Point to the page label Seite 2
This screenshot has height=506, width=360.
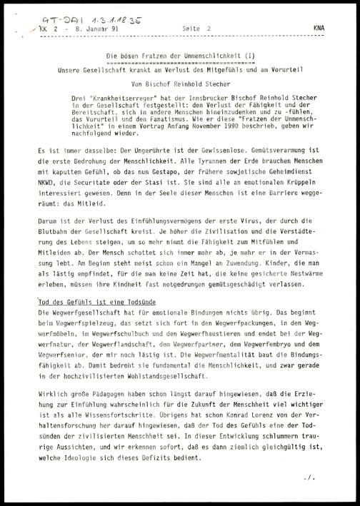pyautogui.click(x=199, y=27)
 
